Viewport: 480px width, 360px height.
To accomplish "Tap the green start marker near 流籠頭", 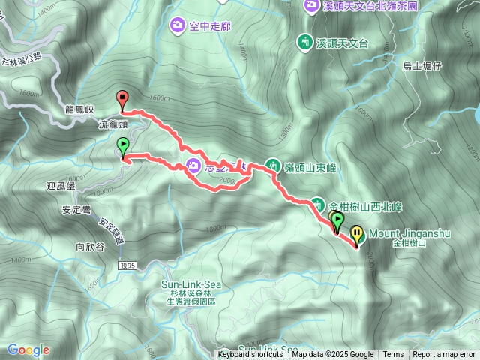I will (x=123, y=145).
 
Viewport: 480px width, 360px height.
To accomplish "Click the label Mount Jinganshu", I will (x=409, y=233).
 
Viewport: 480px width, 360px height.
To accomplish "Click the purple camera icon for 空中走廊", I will (x=178, y=25).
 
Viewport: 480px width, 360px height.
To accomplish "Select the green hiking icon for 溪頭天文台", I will (x=305, y=41).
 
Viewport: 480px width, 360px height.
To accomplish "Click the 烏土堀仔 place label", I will (x=424, y=66).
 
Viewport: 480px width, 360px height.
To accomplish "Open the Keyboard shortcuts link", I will (x=250, y=355).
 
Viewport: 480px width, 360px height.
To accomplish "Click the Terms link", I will (x=393, y=355).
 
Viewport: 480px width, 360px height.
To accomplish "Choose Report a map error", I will (x=445, y=355).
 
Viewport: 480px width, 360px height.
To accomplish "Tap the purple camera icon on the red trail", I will (x=193, y=166).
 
